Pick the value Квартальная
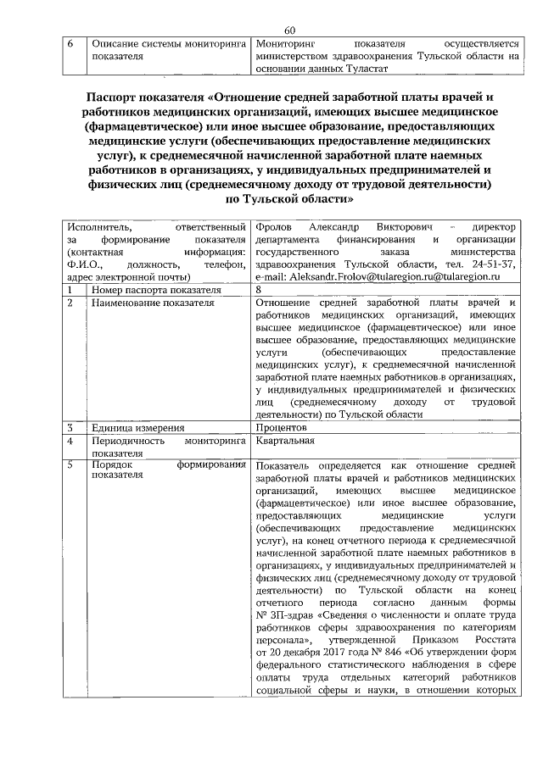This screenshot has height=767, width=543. pos(285,441)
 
